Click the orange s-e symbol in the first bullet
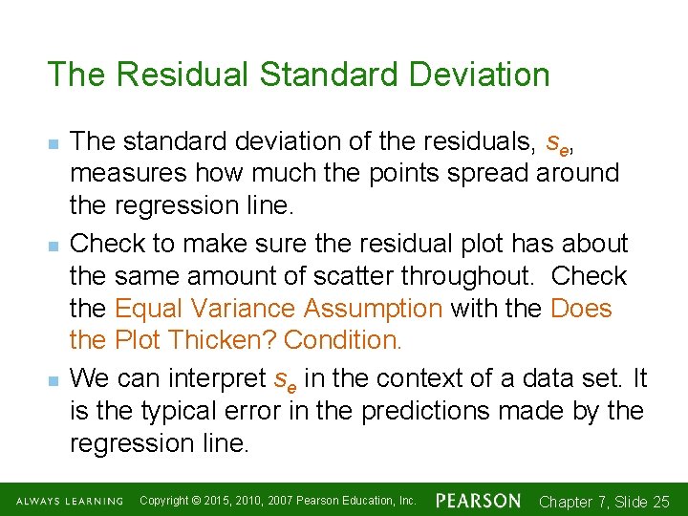click(x=558, y=143)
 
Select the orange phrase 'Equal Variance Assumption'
click(x=278, y=309)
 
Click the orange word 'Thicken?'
click(x=233, y=340)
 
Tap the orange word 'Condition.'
click(x=344, y=340)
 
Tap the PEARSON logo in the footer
click(x=478, y=501)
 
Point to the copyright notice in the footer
click(x=277, y=501)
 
